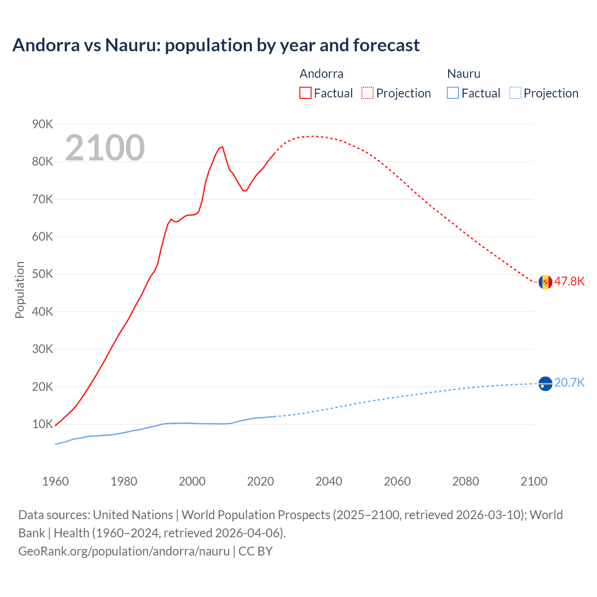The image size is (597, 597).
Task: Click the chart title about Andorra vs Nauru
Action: [216, 45]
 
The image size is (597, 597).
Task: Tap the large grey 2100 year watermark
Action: [105, 148]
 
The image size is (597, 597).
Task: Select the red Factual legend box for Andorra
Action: [305, 93]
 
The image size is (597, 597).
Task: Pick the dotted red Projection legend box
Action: [368, 93]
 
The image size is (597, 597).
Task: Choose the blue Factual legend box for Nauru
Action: [452, 93]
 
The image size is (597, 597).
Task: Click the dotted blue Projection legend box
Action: [515, 93]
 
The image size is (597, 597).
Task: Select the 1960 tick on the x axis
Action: [56, 481]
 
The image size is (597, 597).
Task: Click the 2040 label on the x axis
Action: [329, 481]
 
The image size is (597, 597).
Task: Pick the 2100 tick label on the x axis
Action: [534, 481]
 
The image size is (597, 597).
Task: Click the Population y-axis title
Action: [20, 290]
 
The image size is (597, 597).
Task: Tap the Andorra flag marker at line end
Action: [545, 282]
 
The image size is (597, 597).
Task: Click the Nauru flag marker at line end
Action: [545, 383]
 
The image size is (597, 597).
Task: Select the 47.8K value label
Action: [569, 281]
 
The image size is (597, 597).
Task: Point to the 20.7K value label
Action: [569, 383]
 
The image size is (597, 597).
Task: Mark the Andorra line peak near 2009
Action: [222, 147]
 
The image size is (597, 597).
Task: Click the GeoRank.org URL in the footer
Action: [124, 551]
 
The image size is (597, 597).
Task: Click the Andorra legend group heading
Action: [321, 74]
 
